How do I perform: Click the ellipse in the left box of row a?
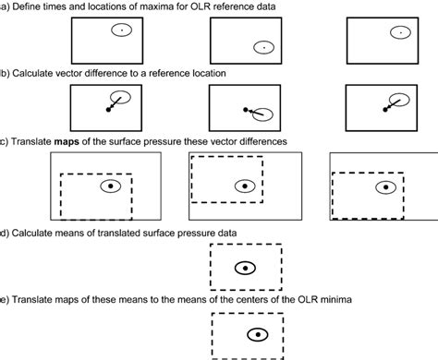(121, 30)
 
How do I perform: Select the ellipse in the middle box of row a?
(262, 47)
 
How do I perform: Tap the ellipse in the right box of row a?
(398, 31)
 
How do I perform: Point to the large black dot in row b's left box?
(109, 110)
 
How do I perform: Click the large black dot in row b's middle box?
(246, 110)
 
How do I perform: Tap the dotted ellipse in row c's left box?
(110, 186)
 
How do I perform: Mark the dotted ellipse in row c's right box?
(384, 186)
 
